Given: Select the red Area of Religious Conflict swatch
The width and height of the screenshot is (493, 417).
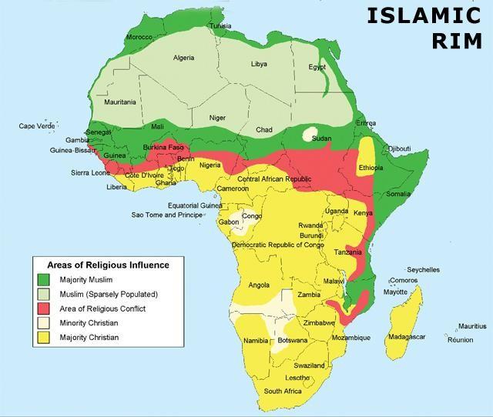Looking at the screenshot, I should (x=44, y=309).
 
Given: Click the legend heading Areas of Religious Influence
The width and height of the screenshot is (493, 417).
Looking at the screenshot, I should (x=109, y=265).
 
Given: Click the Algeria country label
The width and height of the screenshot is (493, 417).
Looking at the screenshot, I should (x=184, y=58).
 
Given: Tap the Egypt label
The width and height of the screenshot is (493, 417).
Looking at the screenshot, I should (x=317, y=67).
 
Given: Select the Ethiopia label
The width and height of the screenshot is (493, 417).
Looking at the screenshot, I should (x=372, y=167).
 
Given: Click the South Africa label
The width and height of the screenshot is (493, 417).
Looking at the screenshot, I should (x=283, y=391).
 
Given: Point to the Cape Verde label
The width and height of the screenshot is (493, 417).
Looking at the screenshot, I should (x=37, y=126).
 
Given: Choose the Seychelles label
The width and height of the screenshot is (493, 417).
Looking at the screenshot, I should (x=423, y=270).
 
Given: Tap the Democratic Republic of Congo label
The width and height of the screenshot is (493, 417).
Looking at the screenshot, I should (x=277, y=245).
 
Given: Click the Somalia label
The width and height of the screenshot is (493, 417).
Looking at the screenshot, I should (x=398, y=194).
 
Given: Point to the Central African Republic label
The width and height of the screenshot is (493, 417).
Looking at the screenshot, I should (x=274, y=179).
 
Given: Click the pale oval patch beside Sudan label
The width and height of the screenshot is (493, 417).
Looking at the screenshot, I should (x=311, y=134).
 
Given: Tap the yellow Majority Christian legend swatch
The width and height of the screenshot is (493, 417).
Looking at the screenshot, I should (x=44, y=337).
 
